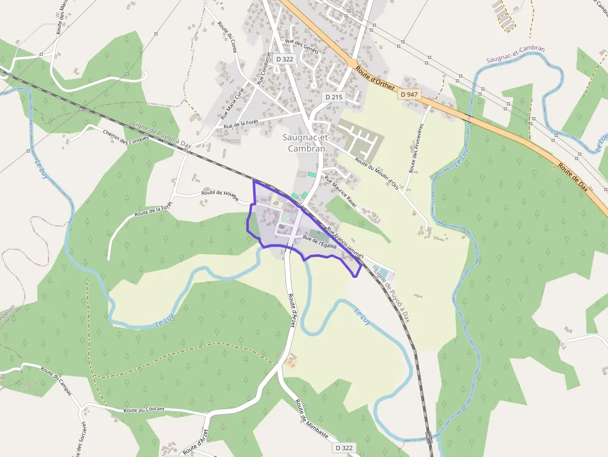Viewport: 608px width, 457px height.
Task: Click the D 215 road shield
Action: click(x=334, y=97)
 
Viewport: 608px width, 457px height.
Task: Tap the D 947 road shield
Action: click(x=408, y=94)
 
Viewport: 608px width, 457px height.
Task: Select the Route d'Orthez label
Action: click(x=376, y=78)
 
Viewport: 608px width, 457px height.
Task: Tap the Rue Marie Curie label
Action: click(x=236, y=99)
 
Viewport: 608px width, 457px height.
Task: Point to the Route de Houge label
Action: click(x=219, y=193)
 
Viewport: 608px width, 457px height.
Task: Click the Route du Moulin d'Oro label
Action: click(x=377, y=174)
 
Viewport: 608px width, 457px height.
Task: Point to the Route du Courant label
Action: click(x=144, y=409)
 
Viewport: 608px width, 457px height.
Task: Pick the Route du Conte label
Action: click(x=227, y=37)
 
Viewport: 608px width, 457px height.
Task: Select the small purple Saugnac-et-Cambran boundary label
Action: click(x=516, y=54)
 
